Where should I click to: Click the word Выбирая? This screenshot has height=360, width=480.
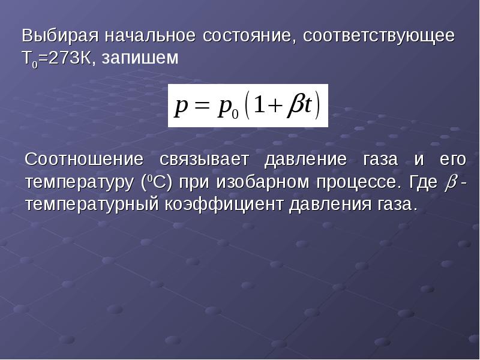click(x=60, y=36)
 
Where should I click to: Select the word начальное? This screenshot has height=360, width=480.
click(x=150, y=36)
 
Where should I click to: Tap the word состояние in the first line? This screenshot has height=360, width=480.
click(x=249, y=36)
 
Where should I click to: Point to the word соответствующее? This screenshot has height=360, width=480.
click(x=379, y=37)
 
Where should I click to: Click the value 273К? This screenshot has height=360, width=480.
click(x=70, y=58)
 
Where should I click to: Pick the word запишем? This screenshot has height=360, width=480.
click(x=140, y=58)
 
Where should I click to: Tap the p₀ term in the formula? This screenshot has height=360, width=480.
click(x=227, y=109)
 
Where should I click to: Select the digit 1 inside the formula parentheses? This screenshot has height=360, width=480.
click(x=259, y=104)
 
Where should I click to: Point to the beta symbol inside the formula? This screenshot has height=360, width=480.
click(x=295, y=106)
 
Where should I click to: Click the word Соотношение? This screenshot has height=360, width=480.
click(x=83, y=159)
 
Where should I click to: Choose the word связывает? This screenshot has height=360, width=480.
click(x=204, y=160)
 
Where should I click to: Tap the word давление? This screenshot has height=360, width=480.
click(x=305, y=160)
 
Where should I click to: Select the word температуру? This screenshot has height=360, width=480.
click(x=80, y=182)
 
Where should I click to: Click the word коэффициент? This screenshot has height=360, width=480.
click(x=224, y=204)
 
